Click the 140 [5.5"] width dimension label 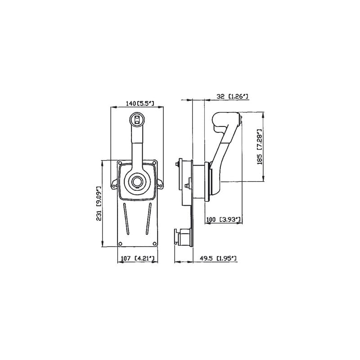click(x=139, y=103)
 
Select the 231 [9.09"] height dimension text click(x=99, y=204)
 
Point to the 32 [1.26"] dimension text click(x=232, y=96)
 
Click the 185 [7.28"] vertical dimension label click(x=260, y=147)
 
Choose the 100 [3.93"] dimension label click(x=223, y=220)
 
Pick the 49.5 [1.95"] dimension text click(x=218, y=258)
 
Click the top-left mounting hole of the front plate click(x=120, y=163)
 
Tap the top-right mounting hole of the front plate click(x=154, y=163)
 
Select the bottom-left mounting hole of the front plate click(x=120, y=243)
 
